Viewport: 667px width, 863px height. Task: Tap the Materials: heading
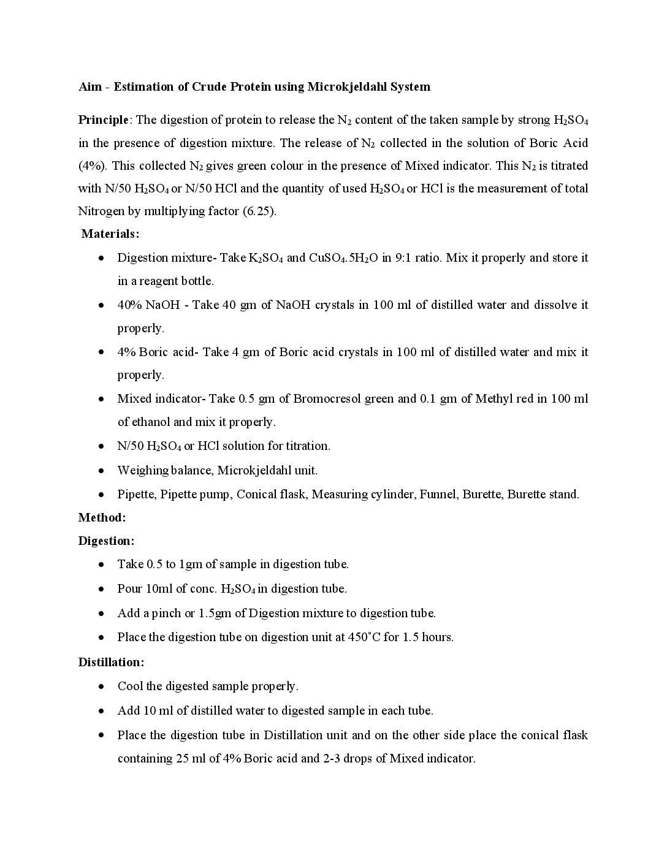[110, 234]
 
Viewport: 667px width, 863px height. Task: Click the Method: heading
[102, 517]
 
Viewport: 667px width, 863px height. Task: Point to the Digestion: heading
[106, 541]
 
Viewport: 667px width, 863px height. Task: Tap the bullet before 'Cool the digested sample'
[101, 686]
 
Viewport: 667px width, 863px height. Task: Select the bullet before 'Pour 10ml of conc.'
[101, 589]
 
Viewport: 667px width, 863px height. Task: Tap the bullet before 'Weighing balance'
[101, 471]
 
